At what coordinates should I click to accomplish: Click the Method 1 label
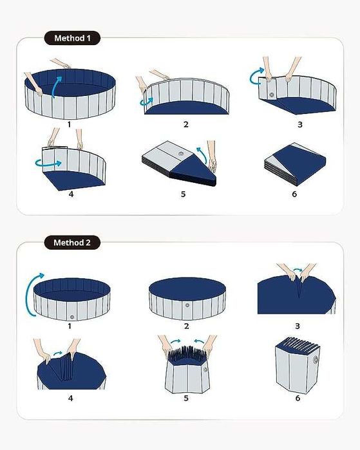72,38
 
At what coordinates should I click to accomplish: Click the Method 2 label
72,243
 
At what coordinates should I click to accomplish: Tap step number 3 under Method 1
300,124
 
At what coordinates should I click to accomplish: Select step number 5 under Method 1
183,194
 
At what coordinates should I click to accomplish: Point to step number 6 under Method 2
298,398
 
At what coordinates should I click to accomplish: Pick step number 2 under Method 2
187,326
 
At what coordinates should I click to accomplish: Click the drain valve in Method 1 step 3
271,95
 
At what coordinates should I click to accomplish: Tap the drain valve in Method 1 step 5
180,154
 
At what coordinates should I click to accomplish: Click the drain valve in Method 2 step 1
72,317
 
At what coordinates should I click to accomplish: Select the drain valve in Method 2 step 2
187,305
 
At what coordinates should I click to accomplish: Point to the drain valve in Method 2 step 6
316,360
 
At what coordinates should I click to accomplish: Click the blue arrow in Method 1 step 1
55,86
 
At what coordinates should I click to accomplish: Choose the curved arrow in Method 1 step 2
146,102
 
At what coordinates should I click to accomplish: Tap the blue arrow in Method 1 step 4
48,164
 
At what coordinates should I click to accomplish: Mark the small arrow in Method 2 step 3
298,270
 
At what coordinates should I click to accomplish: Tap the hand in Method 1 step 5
212,156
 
